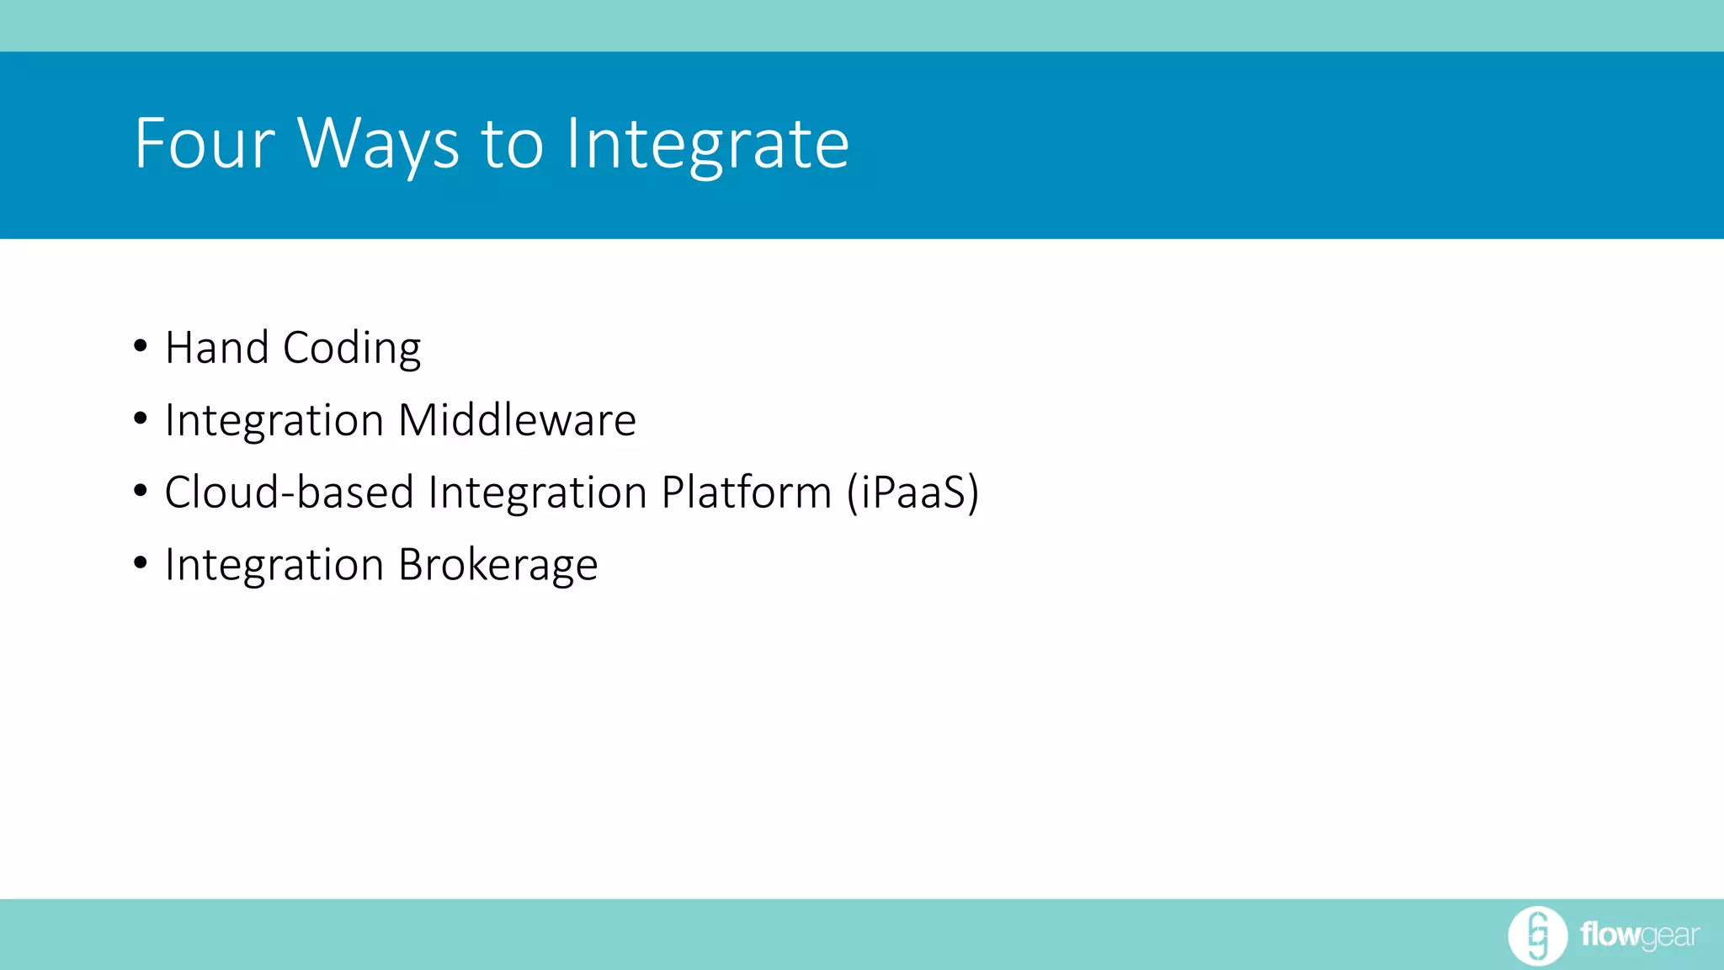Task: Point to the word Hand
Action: (216, 348)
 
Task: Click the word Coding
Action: (352, 348)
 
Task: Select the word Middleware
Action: (517, 420)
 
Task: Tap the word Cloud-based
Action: (289, 492)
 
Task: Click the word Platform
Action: (746, 492)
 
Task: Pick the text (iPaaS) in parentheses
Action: (913, 492)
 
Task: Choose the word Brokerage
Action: (498, 564)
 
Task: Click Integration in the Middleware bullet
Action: (274, 420)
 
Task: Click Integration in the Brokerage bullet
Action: (274, 564)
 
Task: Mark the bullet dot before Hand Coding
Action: (141, 346)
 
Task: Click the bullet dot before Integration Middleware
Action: (141, 418)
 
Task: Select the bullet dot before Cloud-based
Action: (141, 490)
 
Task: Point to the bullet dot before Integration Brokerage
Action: (141, 562)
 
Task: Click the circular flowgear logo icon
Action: (1537, 935)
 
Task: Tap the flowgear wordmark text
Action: (1639, 935)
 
